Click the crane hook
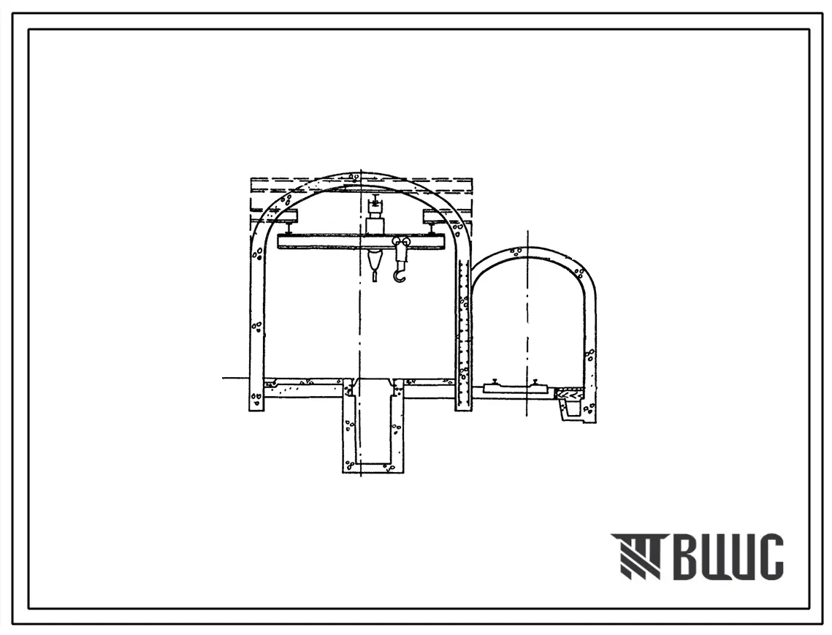pyautogui.click(x=399, y=274)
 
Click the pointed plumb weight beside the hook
pyautogui.click(x=375, y=264)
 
